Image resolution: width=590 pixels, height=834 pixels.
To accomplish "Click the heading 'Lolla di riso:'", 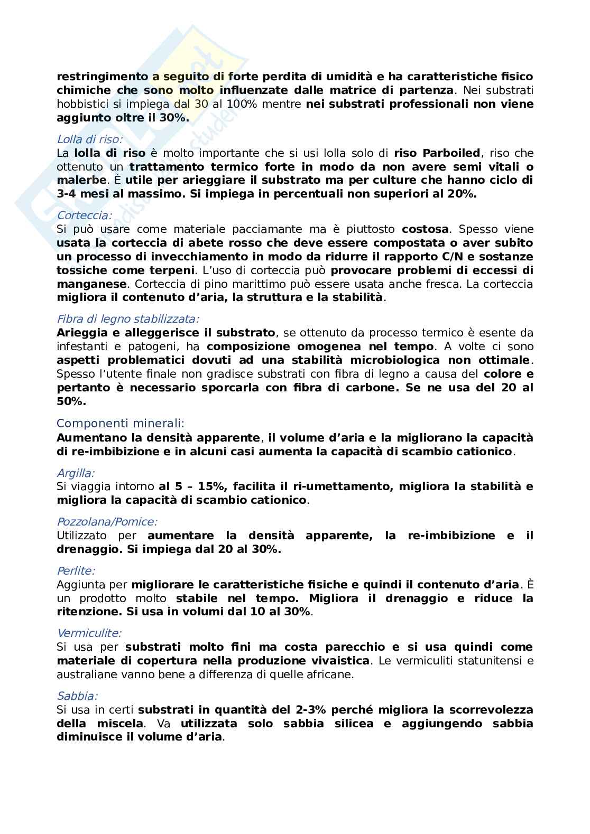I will (89, 139).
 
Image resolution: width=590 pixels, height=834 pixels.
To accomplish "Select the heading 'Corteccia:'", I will (84, 215).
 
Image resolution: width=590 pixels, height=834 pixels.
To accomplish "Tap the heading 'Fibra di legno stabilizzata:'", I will (128, 319).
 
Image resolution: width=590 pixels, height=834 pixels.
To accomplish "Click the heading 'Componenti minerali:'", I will (121, 424).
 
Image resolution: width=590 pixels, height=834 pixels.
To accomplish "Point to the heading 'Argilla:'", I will (76, 473).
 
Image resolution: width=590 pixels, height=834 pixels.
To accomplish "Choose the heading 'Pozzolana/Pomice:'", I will (107, 522).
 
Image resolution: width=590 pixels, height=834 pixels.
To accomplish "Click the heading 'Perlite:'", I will (76, 571).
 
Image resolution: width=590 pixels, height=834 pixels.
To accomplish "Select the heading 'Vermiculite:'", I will (89, 633).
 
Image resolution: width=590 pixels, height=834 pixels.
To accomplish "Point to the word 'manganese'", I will (91, 284).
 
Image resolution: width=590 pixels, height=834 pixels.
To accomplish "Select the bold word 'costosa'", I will (425, 229).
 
